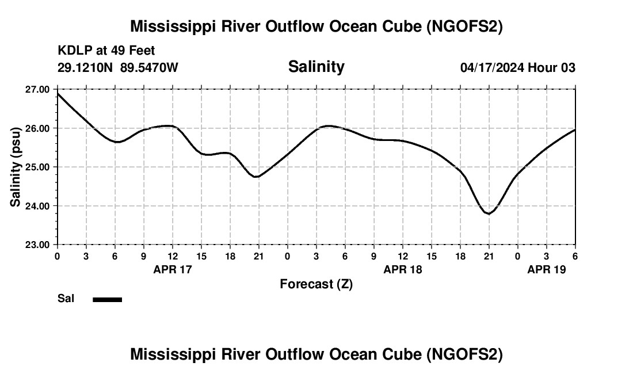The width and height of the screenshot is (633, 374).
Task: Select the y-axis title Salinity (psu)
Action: point(16,167)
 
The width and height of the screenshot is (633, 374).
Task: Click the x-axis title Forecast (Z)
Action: point(316,284)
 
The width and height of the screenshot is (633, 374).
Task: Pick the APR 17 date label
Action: point(172,269)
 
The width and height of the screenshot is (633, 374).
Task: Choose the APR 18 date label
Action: point(402,269)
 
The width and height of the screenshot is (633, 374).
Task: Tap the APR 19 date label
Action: point(547,269)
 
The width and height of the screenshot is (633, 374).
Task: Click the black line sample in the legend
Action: point(108,299)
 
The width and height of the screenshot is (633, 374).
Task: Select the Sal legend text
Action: point(66,299)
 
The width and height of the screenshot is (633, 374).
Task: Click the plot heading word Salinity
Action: point(316,67)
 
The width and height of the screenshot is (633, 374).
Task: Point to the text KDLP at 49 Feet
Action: point(106,51)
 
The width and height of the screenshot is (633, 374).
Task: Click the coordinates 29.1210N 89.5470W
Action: point(118,67)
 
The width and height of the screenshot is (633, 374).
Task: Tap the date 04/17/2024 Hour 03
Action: point(517,67)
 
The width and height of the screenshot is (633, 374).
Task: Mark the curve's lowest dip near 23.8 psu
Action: point(489,213)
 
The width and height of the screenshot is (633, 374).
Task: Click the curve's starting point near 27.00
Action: point(58,93)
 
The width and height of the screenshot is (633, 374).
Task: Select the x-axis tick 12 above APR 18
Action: point(402,256)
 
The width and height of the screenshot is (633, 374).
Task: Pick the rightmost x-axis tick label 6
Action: point(575,256)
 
